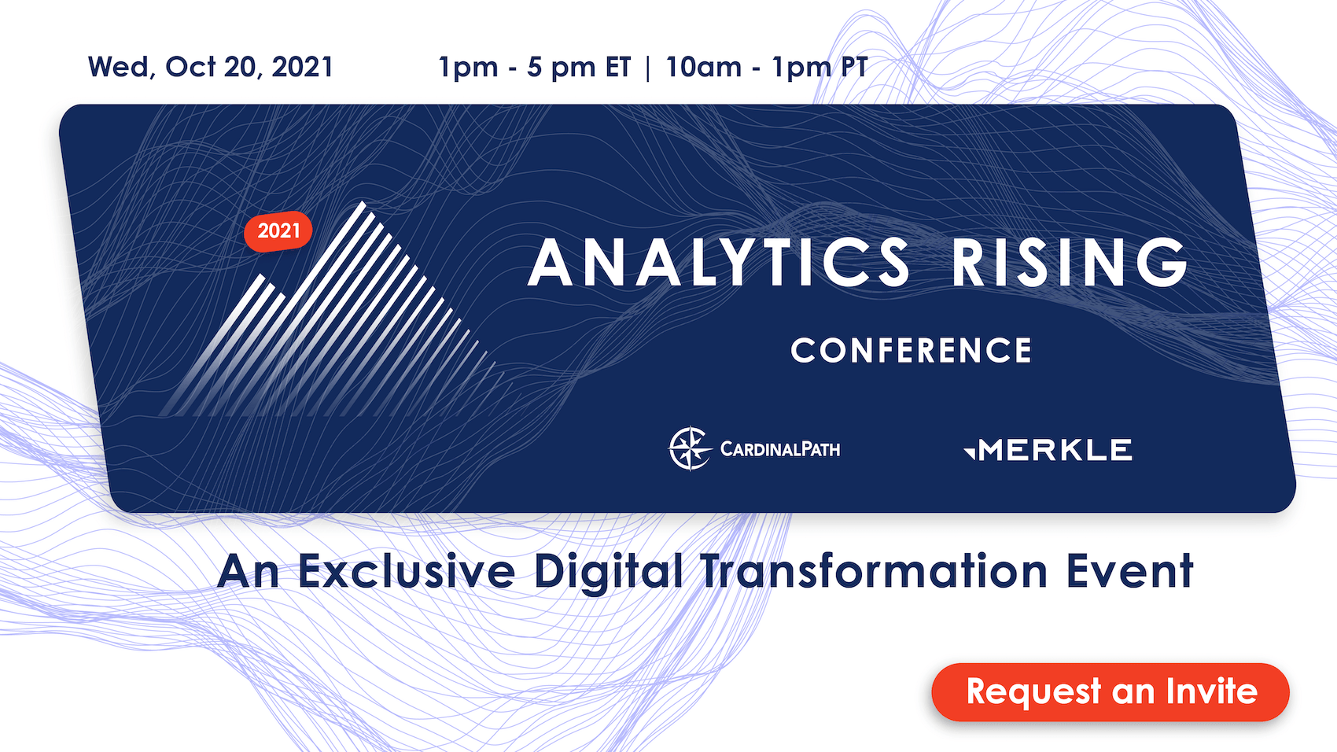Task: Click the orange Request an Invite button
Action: pyautogui.click(x=1110, y=691)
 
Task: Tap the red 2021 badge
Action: pyautogui.click(x=278, y=231)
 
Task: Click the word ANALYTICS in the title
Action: pyautogui.click(x=720, y=262)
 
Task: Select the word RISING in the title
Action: pyautogui.click(x=1069, y=262)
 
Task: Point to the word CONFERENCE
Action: pyautogui.click(x=912, y=350)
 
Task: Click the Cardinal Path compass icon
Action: pyautogui.click(x=690, y=449)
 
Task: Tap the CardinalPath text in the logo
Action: pyautogui.click(x=780, y=449)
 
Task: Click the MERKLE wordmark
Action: pyautogui.click(x=1055, y=450)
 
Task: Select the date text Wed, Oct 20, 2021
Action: pyautogui.click(x=211, y=67)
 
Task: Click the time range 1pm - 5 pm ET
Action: pyautogui.click(x=534, y=68)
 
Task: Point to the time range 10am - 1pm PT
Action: pyautogui.click(x=766, y=68)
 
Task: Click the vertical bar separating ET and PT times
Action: pyautogui.click(x=647, y=68)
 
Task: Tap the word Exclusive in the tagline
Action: pyautogui.click(x=406, y=571)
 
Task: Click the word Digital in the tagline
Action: pyautogui.click(x=608, y=573)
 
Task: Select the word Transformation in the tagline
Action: pyautogui.click(x=874, y=571)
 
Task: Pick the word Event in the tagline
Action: pyautogui.click(x=1129, y=571)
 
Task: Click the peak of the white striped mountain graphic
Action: pyautogui.click(x=363, y=203)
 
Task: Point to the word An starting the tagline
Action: pyautogui.click(x=249, y=571)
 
